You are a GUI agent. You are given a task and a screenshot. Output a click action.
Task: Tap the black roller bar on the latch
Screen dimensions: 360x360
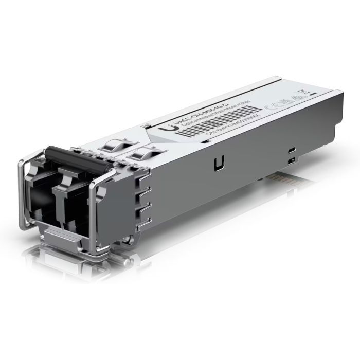coord(77,155)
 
